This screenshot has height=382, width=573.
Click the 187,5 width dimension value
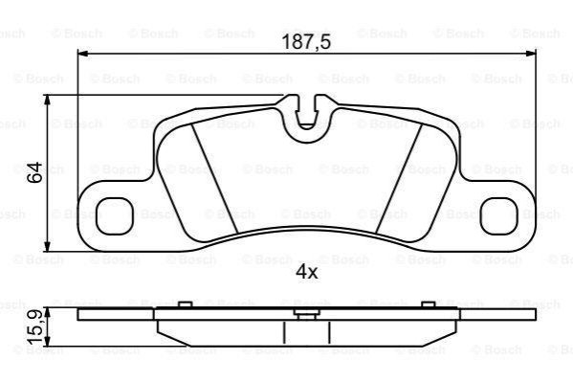(306, 42)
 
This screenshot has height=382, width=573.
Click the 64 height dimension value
(35, 172)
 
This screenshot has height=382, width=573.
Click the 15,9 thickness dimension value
(36, 327)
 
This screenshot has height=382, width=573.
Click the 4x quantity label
(306, 272)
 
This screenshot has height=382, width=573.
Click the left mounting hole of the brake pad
(115, 216)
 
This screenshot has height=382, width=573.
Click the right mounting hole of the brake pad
(499, 216)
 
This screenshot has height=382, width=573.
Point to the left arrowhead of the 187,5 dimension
(83, 54)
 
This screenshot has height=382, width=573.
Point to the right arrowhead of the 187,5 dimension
(530, 54)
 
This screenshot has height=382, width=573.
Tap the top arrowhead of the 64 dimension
(47, 101)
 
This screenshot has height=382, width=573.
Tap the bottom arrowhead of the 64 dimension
(47, 246)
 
